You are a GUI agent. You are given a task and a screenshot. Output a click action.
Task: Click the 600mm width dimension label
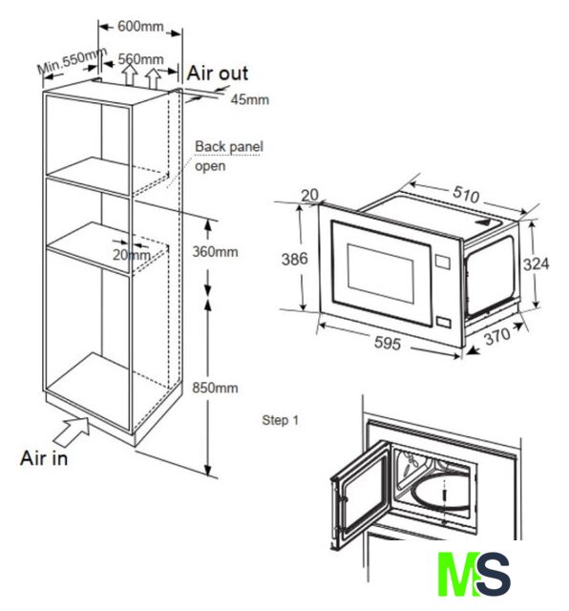[x=140, y=27]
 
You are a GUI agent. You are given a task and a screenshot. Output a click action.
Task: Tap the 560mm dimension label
[x=140, y=59]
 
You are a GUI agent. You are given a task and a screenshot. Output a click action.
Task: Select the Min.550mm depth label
[x=73, y=60]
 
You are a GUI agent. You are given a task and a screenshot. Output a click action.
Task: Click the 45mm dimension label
[x=250, y=99]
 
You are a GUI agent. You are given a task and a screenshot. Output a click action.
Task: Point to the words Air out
[x=218, y=74]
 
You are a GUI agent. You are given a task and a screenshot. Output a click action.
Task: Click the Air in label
[x=44, y=458]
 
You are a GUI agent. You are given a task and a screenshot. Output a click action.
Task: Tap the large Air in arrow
[x=73, y=431]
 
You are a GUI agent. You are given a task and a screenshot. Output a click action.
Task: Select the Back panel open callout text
[x=229, y=157]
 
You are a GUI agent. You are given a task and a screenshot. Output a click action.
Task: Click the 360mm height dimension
[x=215, y=252]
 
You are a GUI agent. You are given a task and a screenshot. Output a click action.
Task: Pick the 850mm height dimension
[x=215, y=388]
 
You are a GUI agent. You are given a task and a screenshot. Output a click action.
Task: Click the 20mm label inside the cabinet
[x=132, y=255]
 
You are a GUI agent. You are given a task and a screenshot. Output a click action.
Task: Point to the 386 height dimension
[x=295, y=259]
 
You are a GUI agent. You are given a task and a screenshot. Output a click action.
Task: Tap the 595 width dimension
[x=388, y=343]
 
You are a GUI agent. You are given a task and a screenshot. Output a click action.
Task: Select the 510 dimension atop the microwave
[x=466, y=194]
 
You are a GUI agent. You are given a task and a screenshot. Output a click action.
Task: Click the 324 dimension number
[x=537, y=264]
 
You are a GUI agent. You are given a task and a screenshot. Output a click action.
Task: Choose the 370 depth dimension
[x=497, y=336]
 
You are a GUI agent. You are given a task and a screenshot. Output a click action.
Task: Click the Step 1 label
[x=281, y=420]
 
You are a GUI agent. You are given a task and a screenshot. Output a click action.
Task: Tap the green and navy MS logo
[x=474, y=574]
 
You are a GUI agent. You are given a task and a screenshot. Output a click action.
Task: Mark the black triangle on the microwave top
[x=482, y=221]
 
